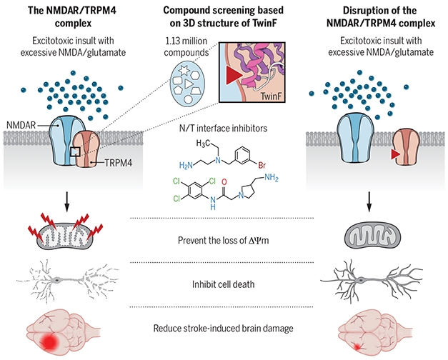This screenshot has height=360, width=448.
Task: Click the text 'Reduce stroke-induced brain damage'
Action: (x=224, y=328)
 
